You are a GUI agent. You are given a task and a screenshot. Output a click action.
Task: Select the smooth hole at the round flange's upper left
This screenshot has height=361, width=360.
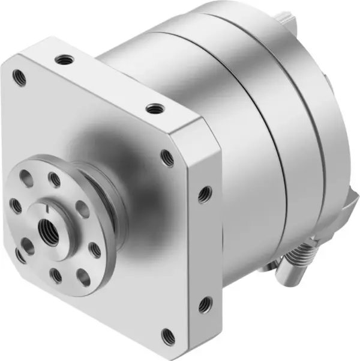pyautogui.click(x=26, y=178)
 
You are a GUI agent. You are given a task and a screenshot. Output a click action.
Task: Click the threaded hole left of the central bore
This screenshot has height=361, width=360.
pyautogui.click(x=16, y=205)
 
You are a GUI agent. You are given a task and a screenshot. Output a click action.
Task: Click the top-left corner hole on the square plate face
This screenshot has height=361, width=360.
pyautogui.click(x=19, y=76)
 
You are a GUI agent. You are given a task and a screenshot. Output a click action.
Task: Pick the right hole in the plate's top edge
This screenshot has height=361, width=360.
pyautogui.click(x=155, y=109)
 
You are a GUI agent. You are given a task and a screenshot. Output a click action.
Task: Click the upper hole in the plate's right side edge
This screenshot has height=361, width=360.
pyautogui.click(x=204, y=193)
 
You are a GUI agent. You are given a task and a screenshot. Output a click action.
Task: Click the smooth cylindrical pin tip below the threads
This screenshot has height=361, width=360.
pyautogui.click(x=287, y=277)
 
